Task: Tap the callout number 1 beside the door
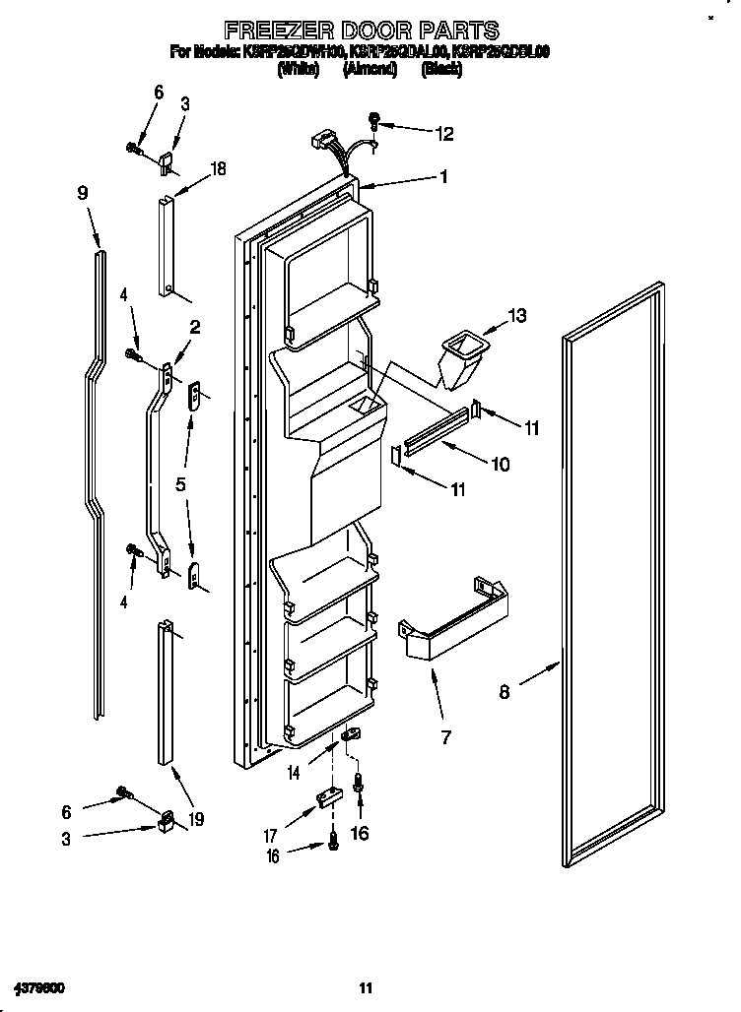[x=443, y=177]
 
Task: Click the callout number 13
[x=516, y=315]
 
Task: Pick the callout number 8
[x=505, y=691]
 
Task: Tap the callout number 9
[x=84, y=194]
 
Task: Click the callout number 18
[x=218, y=168]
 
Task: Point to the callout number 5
[x=180, y=483]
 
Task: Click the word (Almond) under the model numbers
[x=370, y=70]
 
